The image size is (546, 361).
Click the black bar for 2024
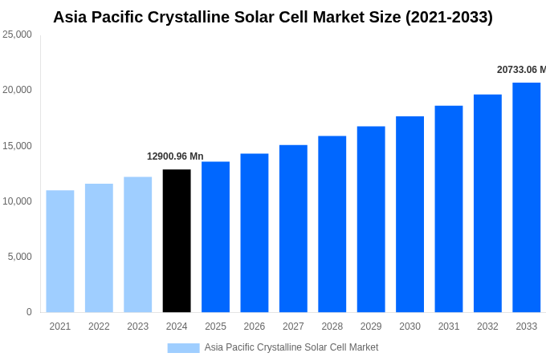[177, 241]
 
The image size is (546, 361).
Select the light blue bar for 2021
[60, 251]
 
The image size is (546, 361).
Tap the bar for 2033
[526, 197]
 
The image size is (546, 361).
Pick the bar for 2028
[332, 224]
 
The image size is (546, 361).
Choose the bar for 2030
[409, 214]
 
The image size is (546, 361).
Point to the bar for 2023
[138, 245]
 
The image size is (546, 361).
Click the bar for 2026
[255, 233]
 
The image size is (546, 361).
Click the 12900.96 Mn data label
[175, 156]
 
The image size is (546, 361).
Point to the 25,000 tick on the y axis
[17, 34]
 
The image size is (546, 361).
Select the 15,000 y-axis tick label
[17, 146]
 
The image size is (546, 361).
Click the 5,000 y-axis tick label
[19, 257]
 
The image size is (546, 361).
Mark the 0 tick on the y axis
[29, 312]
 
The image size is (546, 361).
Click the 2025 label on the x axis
[215, 327]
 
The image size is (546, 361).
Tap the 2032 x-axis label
[487, 327]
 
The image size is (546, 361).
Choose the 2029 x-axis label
[371, 327]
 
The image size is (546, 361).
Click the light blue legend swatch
[183, 347]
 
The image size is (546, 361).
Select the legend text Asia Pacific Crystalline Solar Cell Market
[291, 347]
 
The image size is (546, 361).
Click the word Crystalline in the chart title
[197, 17]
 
